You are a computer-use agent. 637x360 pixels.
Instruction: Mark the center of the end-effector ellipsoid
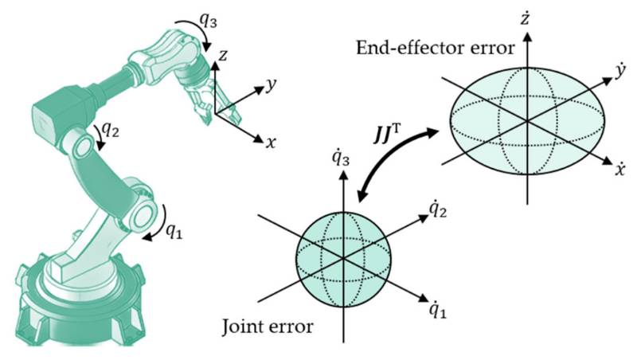pos(526,120)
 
